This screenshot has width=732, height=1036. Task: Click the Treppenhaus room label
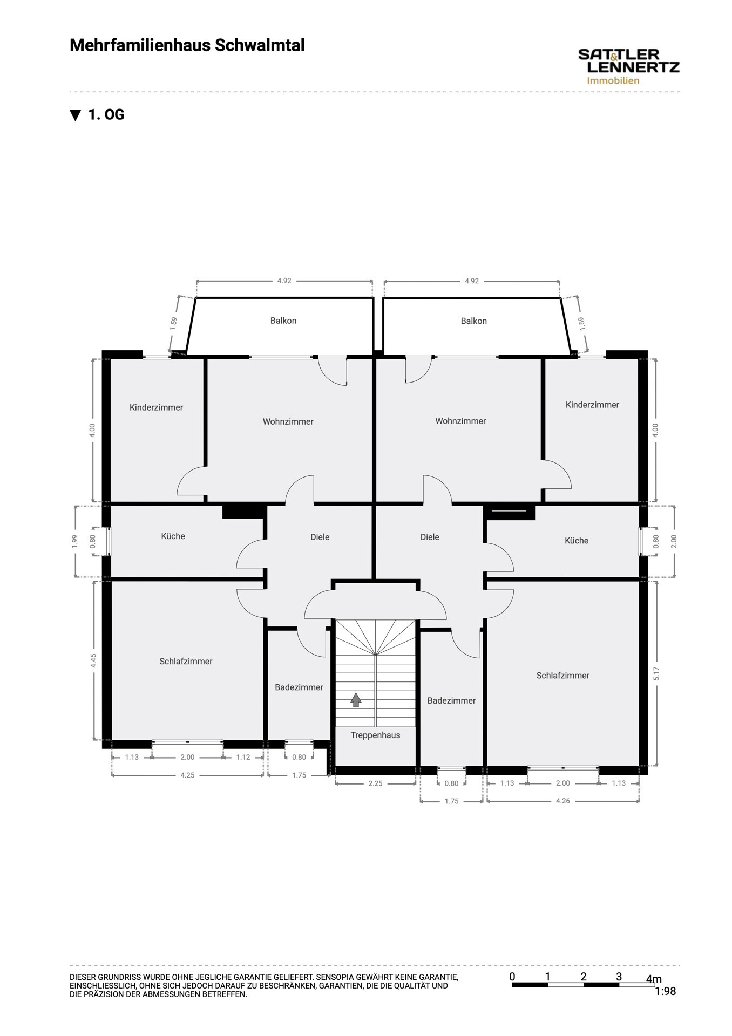375,735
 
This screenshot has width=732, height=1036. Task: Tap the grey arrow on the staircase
356,700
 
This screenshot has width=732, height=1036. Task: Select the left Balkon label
283,321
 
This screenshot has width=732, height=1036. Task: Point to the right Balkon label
474,321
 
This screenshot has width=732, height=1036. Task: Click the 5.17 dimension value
656,673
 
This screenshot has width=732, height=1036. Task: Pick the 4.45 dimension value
93,660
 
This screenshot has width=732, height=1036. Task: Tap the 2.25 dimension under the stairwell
375,783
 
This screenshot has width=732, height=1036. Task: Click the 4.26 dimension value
562,801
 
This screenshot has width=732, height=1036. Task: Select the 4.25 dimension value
187,775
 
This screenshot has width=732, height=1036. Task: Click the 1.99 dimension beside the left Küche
75,541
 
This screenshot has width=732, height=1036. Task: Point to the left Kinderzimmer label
156,407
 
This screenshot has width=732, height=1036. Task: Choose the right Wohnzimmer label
460,421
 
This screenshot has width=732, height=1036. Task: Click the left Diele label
320,537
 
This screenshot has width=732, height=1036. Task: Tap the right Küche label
577,540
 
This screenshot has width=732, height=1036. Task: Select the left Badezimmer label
299,687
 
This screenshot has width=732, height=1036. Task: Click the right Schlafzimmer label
562,675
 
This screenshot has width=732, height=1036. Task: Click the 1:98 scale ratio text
665,991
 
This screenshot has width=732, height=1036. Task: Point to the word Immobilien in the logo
613,80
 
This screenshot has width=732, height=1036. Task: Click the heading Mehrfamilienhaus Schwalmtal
187,45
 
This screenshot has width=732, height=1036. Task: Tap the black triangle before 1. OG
76,115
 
